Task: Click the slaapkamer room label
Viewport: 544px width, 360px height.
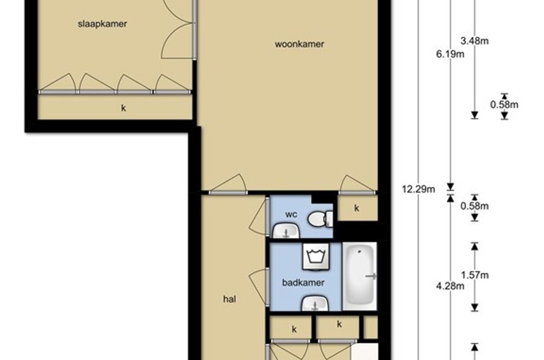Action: point(102,24)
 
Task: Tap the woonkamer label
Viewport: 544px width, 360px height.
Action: point(299,44)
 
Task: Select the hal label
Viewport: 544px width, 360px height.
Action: point(230,299)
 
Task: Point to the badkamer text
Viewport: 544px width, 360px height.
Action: point(303,283)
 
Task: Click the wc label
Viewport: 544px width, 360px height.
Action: point(291,214)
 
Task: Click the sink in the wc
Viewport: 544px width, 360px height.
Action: point(286,231)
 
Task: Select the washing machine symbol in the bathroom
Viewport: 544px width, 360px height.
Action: point(315,256)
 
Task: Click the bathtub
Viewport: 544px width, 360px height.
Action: point(360,276)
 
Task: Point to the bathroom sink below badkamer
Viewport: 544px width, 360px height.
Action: point(315,304)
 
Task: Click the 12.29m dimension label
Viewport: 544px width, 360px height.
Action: point(419,189)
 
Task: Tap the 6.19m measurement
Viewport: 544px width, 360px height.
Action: point(450,54)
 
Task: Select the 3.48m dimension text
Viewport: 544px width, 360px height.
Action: point(474,41)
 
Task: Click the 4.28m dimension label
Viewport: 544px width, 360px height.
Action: point(450,286)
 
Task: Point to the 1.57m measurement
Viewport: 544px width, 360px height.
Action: point(474,275)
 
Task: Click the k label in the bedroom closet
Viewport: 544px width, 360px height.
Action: point(124,108)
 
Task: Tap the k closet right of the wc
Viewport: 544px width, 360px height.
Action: point(357,209)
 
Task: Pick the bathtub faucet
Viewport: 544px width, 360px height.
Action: point(371,276)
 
